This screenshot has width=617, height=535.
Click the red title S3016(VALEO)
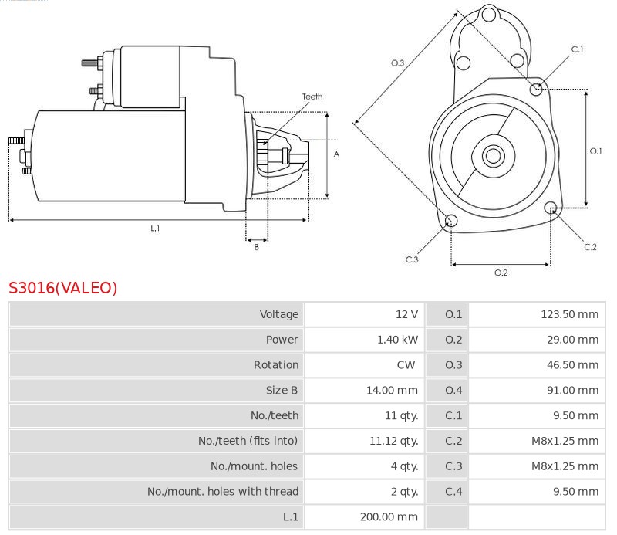(63, 288)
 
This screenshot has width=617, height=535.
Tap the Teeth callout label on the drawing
(312, 97)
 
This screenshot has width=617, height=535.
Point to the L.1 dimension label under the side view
(155, 228)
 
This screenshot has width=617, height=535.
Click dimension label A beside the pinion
(336, 154)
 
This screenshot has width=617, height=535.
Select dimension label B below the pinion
(257, 247)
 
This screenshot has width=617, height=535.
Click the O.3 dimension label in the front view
(397, 63)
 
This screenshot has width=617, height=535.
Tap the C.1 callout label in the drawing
(577, 49)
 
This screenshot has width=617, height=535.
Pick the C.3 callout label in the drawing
(412, 259)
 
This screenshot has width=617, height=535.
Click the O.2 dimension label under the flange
(501, 273)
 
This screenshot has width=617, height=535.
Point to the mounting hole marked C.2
(551, 208)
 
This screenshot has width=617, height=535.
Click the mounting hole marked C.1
(535, 90)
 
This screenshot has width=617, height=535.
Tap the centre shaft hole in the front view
(493, 156)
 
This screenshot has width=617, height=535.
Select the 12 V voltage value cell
(407, 314)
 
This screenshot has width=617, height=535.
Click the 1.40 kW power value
(397, 340)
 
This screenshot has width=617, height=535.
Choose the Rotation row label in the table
(276, 365)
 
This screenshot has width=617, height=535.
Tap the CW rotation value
(406, 365)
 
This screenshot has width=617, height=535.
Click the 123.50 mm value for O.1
(569, 314)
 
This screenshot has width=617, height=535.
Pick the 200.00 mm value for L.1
(389, 517)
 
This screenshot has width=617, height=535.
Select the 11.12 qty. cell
(393, 441)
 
